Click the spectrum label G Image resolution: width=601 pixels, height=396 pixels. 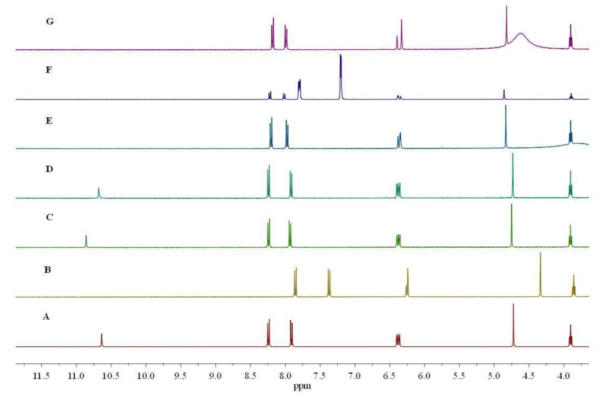tap(50, 22)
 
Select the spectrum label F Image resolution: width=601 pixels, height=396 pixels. tap(49, 70)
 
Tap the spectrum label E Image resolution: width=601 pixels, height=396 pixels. tap(49, 121)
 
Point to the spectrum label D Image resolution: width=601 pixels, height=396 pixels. tap(49, 169)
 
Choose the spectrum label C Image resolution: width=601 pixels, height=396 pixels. tap(49, 217)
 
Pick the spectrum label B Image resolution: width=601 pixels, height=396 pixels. tap(48, 270)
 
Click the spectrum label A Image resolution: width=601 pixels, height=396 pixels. tap(46, 317)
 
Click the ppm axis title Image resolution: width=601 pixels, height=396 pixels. tap(302, 386)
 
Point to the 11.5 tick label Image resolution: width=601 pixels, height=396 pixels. tap(42, 376)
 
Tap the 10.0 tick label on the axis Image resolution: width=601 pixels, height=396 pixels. tap(146, 376)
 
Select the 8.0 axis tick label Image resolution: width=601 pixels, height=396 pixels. tap(285, 376)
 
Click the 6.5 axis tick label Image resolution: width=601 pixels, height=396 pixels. tap(389, 376)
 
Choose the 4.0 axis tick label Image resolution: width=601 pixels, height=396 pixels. tap(563, 376)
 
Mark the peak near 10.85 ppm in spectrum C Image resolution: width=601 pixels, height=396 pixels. tap(86, 241)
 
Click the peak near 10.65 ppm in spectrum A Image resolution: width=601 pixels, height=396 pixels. tap(102, 340)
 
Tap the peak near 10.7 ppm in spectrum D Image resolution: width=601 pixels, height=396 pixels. tap(99, 193)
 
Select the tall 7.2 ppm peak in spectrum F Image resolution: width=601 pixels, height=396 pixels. tap(341, 76)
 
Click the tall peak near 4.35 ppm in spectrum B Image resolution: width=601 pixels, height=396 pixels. tap(541, 273)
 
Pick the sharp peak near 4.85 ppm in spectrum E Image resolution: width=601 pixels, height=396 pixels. tap(506, 126)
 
